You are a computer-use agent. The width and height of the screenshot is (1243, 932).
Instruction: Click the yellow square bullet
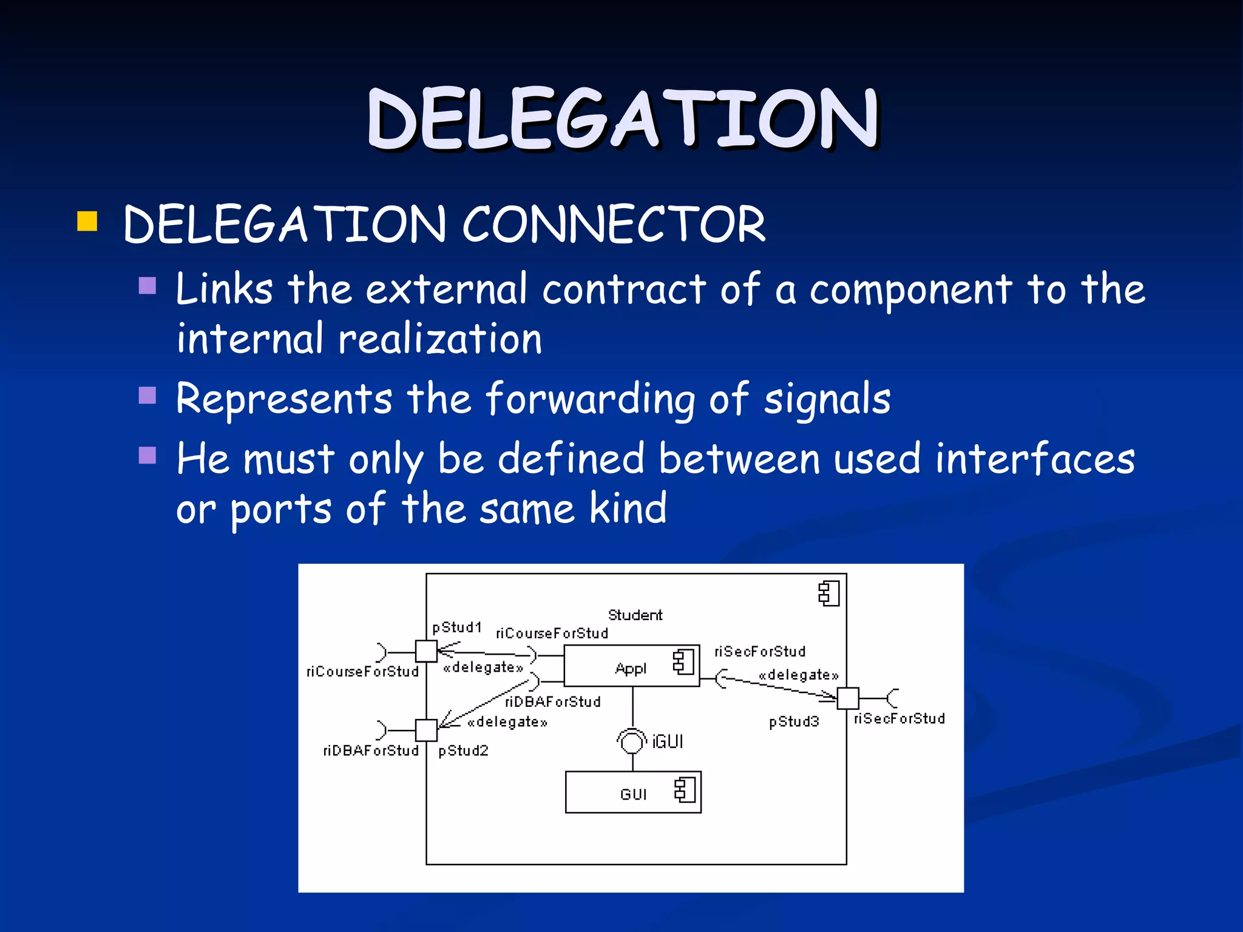coord(87,221)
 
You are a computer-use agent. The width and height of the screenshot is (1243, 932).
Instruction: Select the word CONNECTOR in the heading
coord(613,225)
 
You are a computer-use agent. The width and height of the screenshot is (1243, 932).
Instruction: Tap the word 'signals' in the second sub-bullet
coord(827,399)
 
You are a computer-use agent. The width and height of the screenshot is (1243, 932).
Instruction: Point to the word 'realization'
coord(439,339)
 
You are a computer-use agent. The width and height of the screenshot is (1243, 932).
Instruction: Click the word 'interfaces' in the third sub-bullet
coord(1034,459)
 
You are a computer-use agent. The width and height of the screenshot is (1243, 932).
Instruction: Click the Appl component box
coord(631,666)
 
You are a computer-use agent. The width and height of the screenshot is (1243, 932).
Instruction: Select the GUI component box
coord(633,792)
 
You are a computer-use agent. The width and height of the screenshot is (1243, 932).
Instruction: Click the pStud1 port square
coord(426,652)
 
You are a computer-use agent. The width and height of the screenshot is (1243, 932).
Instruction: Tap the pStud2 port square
coord(426,730)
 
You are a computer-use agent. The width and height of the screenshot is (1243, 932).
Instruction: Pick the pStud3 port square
coord(848,698)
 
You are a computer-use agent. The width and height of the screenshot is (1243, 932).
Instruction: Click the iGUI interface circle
coord(632,741)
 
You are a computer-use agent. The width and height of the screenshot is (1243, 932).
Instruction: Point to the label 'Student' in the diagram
coord(635,615)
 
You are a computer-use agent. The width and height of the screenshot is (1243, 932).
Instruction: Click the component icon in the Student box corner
coord(828,593)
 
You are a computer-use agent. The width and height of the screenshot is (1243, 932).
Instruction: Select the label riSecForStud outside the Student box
coord(899,719)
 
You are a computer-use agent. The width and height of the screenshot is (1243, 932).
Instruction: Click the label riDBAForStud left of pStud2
coord(371,751)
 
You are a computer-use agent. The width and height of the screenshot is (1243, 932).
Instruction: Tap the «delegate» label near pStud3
coord(798,675)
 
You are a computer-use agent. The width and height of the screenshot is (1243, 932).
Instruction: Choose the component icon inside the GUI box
coord(685,790)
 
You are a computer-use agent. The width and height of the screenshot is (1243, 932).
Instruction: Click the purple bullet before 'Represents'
coord(147,396)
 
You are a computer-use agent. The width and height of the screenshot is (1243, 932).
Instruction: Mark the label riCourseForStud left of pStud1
coord(362,672)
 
